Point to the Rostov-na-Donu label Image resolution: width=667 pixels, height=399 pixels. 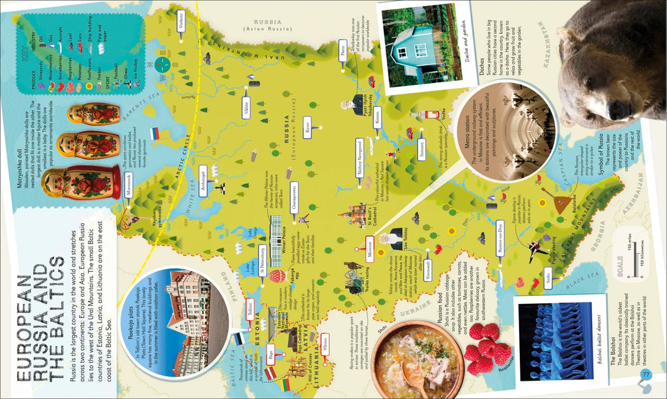point(500,237)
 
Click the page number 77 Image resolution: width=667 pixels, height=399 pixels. point(646,374)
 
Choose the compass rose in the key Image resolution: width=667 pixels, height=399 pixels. point(163,65)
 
